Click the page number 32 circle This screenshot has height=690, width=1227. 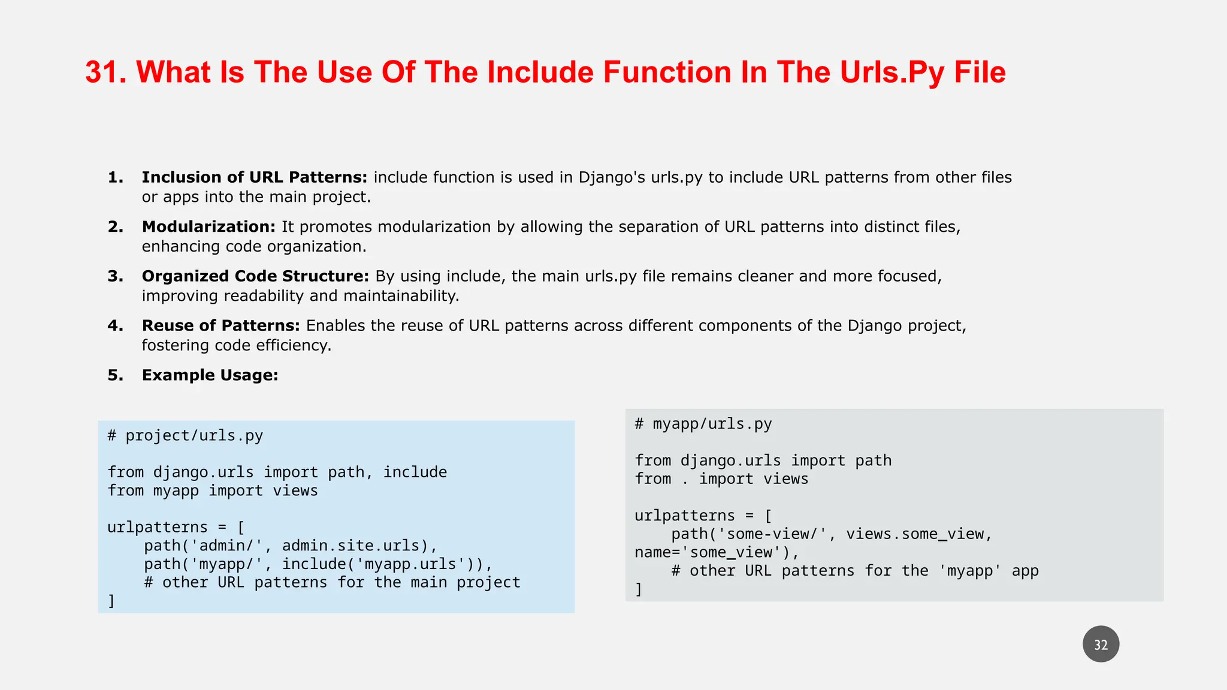tap(1101, 644)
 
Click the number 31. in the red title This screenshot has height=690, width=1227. tap(105, 72)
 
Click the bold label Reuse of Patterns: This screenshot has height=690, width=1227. tap(220, 326)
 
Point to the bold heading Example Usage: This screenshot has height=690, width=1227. tap(210, 376)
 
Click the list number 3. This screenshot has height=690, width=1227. tap(115, 276)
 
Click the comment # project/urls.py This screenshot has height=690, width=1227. tap(185, 435)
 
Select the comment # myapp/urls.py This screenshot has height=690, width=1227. tap(703, 424)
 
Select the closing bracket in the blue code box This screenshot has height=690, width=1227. tap(111, 601)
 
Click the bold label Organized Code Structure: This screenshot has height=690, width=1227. tap(255, 276)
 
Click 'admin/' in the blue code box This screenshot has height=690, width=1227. tap(226, 546)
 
